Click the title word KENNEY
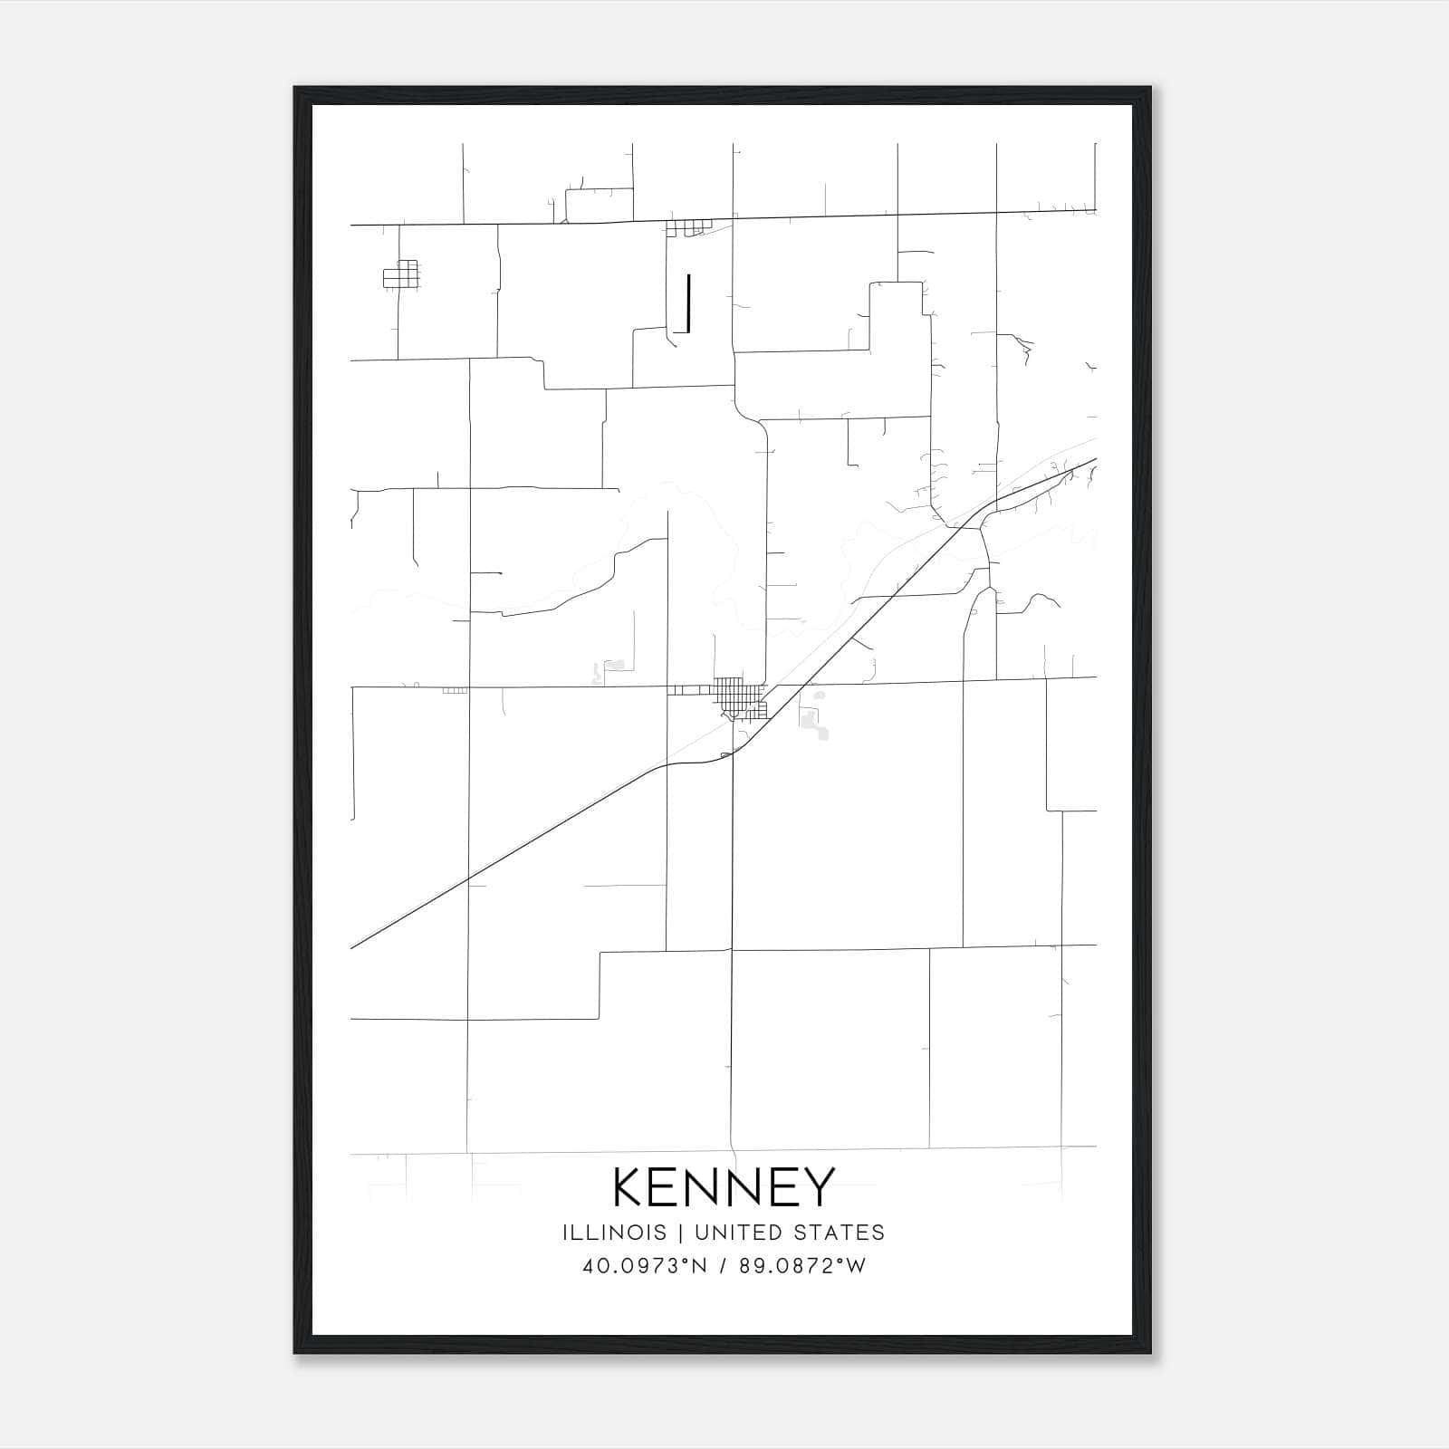click(724, 1187)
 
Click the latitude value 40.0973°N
click(644, 1266)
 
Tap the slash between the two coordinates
click(723, 1266)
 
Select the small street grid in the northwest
click(401, 274)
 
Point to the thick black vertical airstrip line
click(689, 302)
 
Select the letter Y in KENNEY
click(817, 1187)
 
